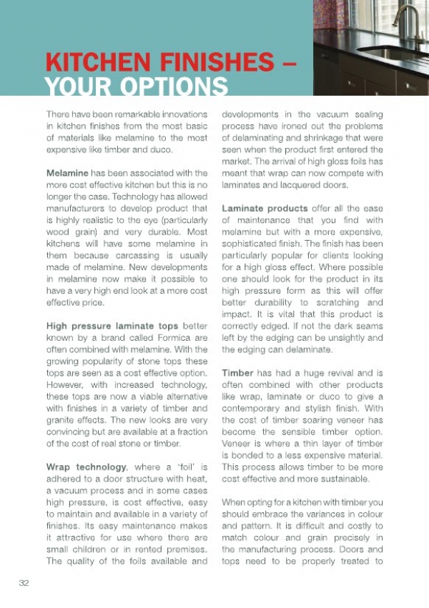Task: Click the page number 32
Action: tap(24, 584)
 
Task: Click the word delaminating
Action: tap(262, 138)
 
